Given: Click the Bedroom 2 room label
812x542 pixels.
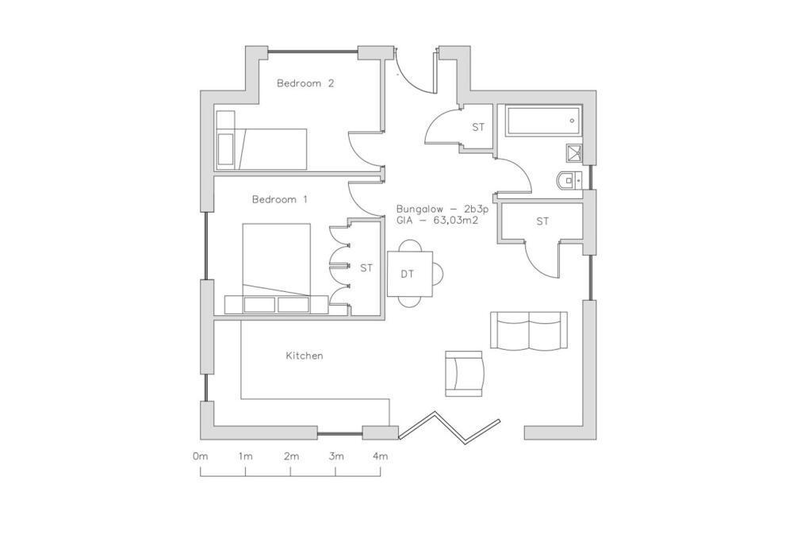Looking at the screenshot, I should [x=304, y=83].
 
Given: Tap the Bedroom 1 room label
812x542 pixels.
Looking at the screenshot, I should [x=279, y=200].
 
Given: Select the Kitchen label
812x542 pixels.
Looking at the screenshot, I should [x=304, y=356].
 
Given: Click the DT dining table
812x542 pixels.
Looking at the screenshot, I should [x=409, y=274].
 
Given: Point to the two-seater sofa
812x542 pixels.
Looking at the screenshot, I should [x=529, y=331].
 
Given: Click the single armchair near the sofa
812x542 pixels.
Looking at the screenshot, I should [x=464, y=373].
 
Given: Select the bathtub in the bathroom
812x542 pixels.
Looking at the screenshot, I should [x=544, y=121].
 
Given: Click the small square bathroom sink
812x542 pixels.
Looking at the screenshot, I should [x=574, y=153].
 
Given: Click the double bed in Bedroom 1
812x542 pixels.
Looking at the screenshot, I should [x=276, y=259].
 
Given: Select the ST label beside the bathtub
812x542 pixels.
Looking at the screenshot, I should [x=478, y=127].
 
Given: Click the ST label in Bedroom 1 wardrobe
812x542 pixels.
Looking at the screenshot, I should [x=366, y=268].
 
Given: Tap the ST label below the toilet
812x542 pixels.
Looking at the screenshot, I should [x=542, y=221].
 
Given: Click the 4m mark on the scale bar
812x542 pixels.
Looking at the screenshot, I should [x=381, y=456].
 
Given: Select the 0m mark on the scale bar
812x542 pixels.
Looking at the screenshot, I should [x=200, y=456].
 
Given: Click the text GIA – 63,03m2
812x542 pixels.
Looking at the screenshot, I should [x=437, y=221].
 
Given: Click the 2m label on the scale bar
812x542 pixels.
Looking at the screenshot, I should [x=291, y=456].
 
